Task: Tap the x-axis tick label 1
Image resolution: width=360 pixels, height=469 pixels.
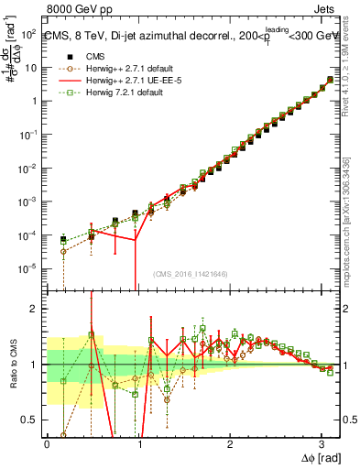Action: (138, 442)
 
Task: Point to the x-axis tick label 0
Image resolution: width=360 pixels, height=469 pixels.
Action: (47, 442)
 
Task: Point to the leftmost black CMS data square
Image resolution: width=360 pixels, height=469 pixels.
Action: (63, 240)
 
